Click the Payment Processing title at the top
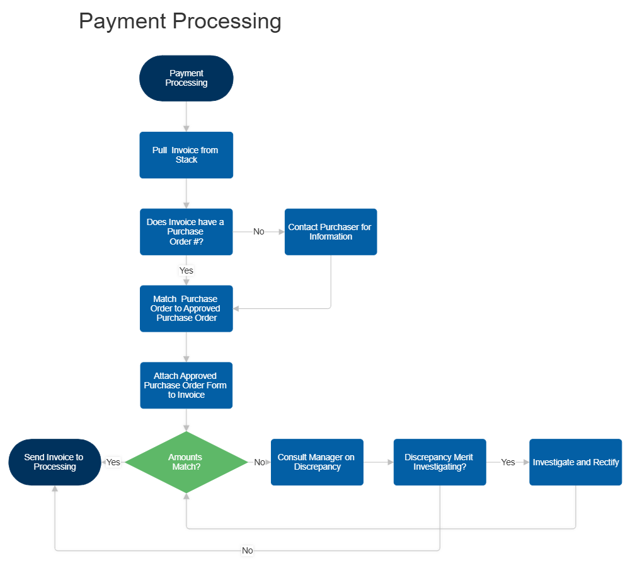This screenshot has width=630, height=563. click(x=180, y=21)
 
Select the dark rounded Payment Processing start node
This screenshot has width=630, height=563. click(x=186, y=78)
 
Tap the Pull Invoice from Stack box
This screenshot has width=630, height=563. click(x=186, y=155)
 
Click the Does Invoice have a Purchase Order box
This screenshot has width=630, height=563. click(x=186, y=232)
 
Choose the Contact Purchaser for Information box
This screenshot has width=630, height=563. click(x=331, y=232)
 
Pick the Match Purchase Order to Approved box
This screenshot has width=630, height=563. click(x=186, y=309)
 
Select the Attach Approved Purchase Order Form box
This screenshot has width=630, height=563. click(x=186, y=385)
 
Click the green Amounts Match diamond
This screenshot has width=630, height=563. click(x=186, y=462)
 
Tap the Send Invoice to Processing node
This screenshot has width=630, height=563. click(x=54, y=462)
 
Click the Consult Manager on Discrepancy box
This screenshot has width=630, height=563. click(x=318, y=462)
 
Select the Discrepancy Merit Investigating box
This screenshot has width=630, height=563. click(x=439, y=462)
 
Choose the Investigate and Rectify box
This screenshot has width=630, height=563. click(x=576, y=462)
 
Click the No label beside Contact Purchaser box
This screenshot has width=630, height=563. click(x=259, y=232)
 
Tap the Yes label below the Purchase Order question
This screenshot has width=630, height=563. click(x=186, y=270)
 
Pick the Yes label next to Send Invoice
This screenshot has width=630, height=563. click(x=113, y=462)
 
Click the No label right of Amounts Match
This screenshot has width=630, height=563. click(x=260, y=462)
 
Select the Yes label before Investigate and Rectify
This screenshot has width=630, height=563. click(x=508, y=462)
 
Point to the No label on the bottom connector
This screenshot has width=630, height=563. click(x=248, y=550)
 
